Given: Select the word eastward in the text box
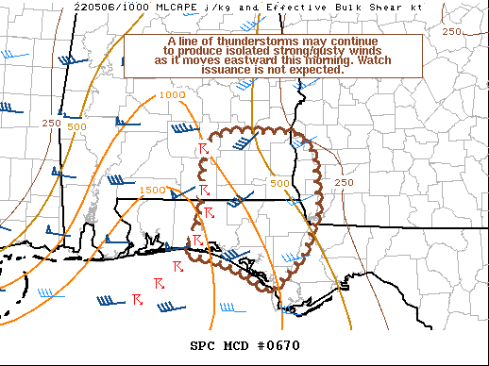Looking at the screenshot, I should (x=247, y=60).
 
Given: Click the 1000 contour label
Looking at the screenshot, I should (x=172, y=95).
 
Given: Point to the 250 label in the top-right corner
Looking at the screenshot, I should (x=451, y=32).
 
